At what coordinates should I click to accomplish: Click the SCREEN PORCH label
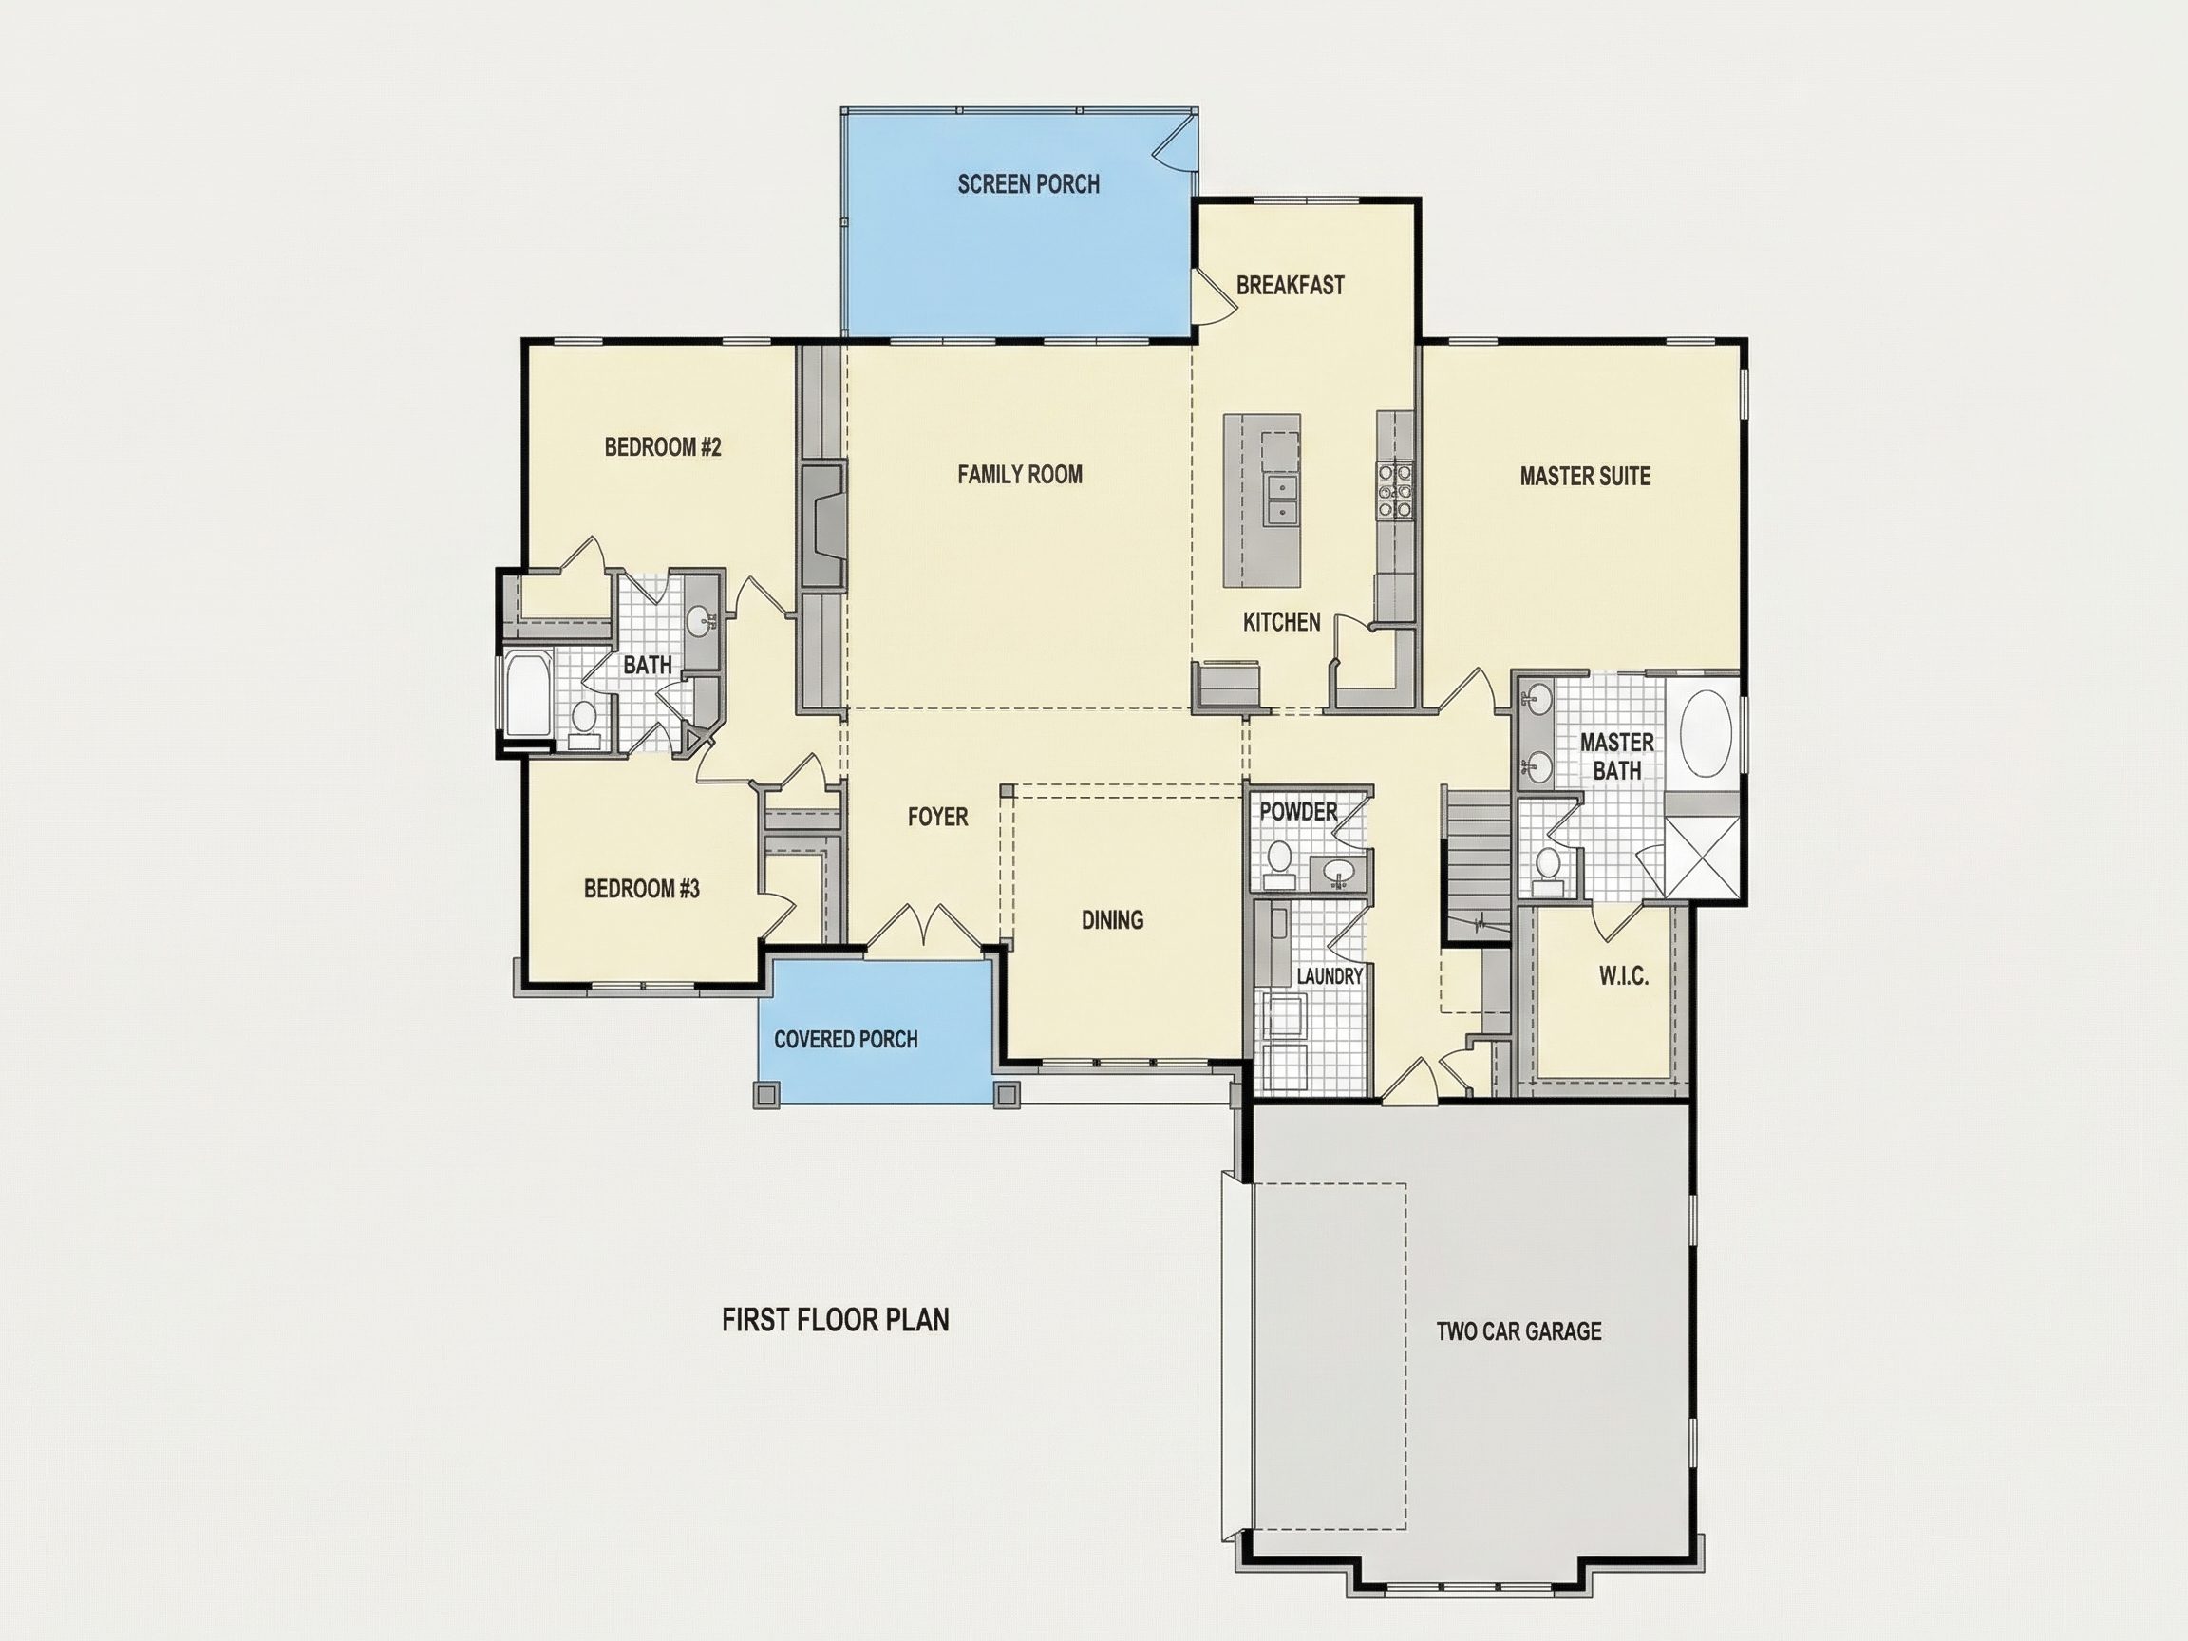point(1028,184)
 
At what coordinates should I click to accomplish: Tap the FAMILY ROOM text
point(1020,475)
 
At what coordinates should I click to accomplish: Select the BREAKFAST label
point(1290,286)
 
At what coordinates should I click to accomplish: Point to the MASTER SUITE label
point(1585,477)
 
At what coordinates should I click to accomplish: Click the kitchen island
point(1261,500)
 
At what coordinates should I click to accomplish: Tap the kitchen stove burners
point(1395,492)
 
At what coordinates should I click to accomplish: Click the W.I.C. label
point(1623,977)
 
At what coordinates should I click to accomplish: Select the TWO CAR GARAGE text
point(1518,1331)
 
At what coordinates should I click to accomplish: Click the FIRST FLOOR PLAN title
point(835,1319)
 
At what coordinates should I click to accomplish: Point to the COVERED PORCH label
point(846,1040)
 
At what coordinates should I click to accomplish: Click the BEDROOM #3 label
point(641,889)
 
